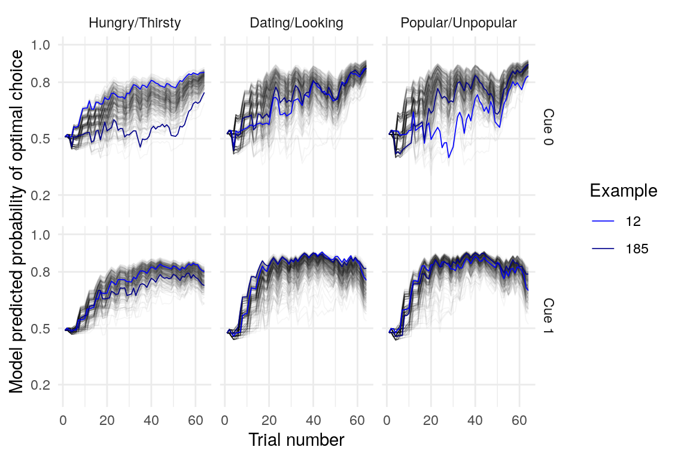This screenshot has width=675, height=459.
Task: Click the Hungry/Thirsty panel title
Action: [x=134, y=23]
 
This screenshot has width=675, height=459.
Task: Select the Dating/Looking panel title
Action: [x=296, y=23]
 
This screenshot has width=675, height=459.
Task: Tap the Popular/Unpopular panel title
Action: [x=458, y=23]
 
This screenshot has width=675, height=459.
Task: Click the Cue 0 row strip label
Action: [x=548, y=127]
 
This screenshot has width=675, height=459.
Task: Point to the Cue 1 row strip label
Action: [x=548, y=316]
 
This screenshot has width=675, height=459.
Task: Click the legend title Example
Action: [x=624, y=191]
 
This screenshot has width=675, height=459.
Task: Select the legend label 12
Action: [x=633, y=221]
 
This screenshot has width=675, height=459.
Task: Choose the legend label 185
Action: [x=636, y=249]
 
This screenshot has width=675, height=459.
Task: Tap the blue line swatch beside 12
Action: [x=603, y=221]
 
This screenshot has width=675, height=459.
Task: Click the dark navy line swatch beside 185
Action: [x=603, y=249]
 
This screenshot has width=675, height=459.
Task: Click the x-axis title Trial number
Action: [x=296, y=440]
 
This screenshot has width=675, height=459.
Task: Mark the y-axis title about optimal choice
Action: [x=17, y=221]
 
